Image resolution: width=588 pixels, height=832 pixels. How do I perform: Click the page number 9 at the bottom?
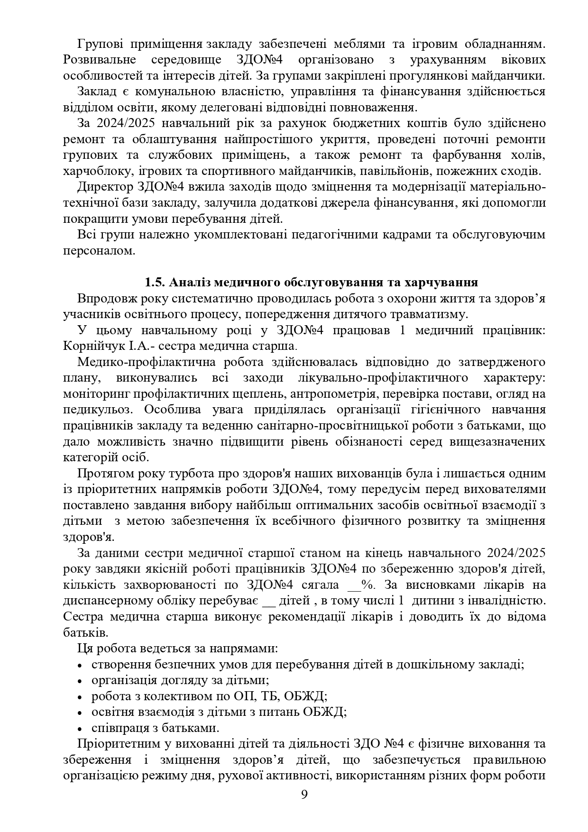[304, 795]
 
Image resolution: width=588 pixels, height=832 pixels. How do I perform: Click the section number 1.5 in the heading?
[154, 283]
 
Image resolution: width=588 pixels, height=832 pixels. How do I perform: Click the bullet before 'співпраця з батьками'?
[80, 728]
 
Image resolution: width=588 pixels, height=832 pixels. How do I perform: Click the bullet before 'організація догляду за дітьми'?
[80, 681]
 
